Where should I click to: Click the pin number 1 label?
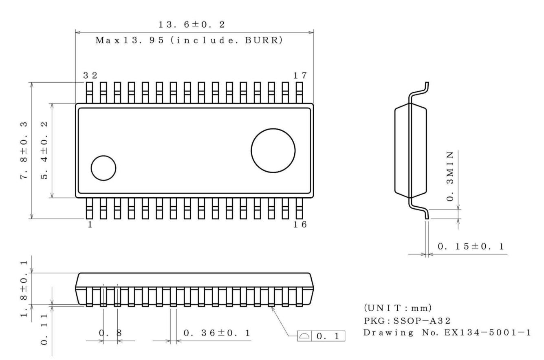click(90, 225)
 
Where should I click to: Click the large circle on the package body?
click(273, 150)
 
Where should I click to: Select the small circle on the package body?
click(103, 167)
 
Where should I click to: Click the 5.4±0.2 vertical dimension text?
click(46, 150)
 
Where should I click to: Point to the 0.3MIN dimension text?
click(450, 176)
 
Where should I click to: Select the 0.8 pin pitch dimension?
click(110, 333)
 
